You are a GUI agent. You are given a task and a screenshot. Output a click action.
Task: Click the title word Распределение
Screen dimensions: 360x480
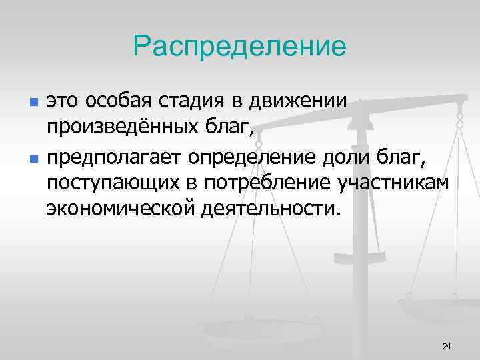[x=240, y=46]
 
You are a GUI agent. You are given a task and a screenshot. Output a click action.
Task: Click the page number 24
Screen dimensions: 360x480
[x=446, y=346]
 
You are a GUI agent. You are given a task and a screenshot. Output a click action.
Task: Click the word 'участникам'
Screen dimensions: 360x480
[x=393, y=183]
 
